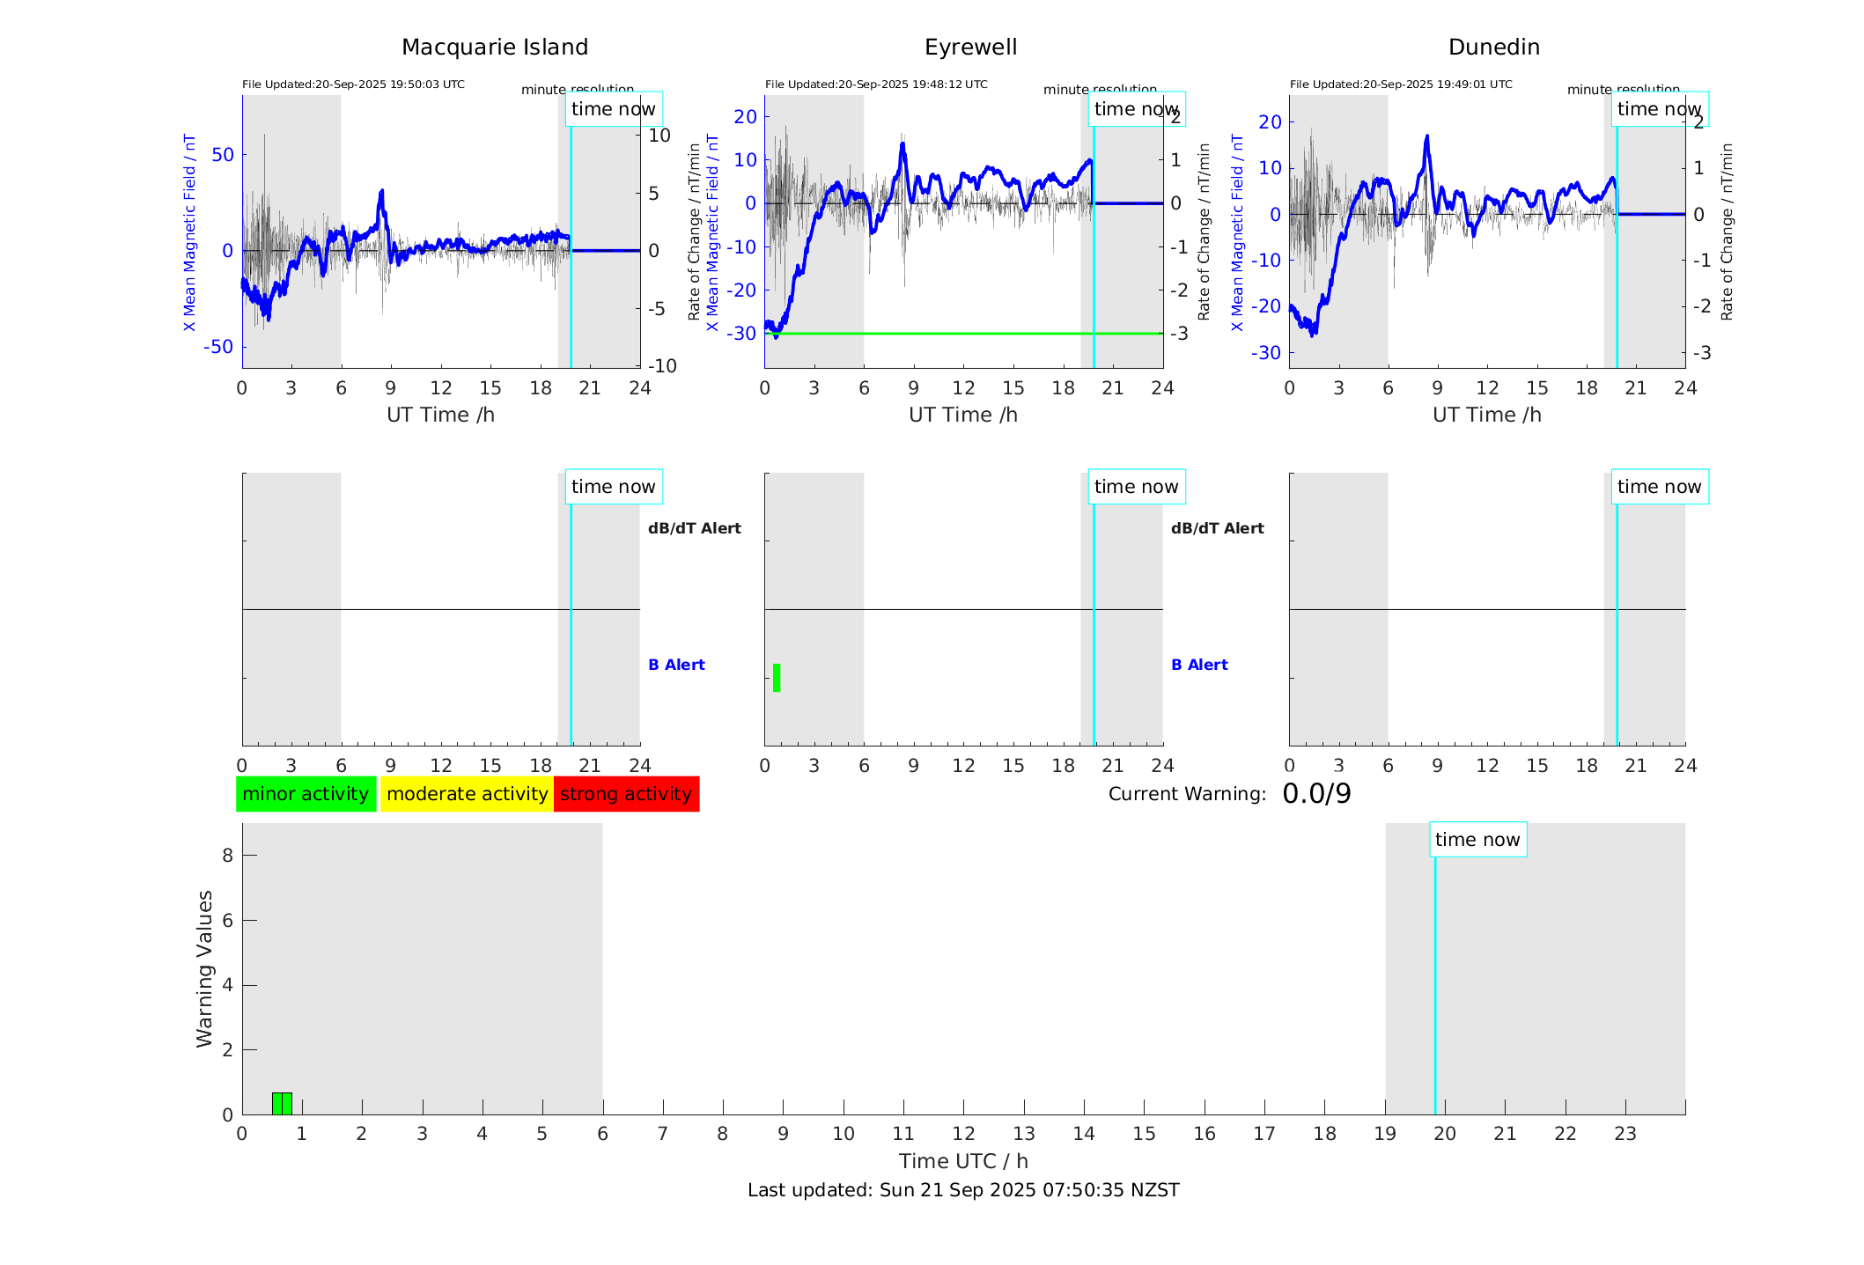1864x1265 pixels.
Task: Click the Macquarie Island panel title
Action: (x=494, y=48)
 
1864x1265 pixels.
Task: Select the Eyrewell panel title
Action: (x=970, y=48)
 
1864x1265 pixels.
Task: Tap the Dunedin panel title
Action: (x=1493, y=48)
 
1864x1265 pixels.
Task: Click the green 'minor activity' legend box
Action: (x=306, y=794)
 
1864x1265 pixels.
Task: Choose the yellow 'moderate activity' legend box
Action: (x=467, y=794)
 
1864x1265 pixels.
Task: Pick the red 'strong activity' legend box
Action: (x=626, y=794)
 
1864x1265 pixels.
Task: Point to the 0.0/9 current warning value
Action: (x=1316, y=794)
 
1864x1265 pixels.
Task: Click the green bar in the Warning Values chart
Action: (x=282, y=1103)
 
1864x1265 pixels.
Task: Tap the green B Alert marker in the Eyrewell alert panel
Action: (x=777, y=678)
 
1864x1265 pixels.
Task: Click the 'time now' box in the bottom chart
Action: (x=1477, y=840)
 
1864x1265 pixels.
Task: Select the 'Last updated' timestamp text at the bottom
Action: (x=963, y=1190)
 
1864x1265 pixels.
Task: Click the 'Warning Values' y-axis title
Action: (x=204, y=968)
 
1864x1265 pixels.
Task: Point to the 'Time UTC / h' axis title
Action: (x=963, y=1161)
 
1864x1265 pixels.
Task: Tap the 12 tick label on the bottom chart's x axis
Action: (x=963, y=1134)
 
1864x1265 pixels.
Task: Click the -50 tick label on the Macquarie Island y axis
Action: (x=218, y=347)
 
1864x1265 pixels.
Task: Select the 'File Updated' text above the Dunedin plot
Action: (x=1401, y=85)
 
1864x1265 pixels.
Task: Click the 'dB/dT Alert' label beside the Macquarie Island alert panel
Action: (x=694, y=528)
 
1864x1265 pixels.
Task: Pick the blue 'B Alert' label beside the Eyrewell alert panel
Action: (x=1199, y=665)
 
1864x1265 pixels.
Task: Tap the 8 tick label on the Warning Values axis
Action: (x=227, y=855)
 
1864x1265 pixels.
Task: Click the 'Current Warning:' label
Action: (x=1187, y=794)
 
